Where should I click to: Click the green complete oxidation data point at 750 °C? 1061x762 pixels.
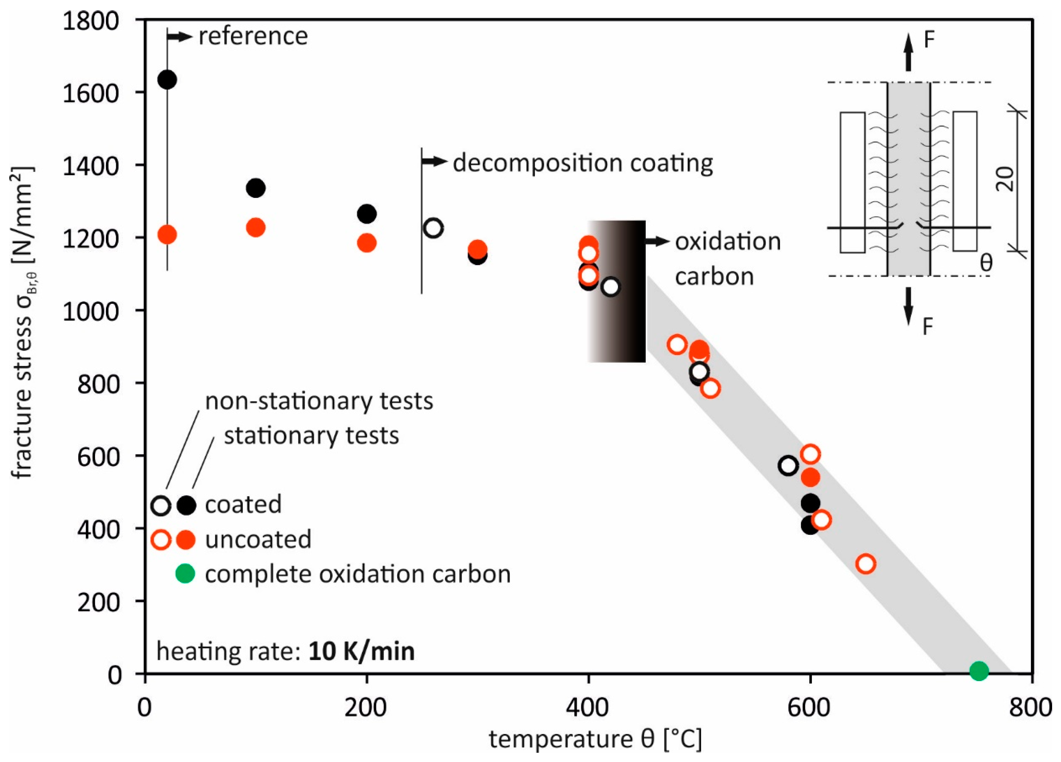(979, 671)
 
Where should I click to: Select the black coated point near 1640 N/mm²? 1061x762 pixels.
(167, 80)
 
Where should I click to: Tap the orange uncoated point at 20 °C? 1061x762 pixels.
(167, 234)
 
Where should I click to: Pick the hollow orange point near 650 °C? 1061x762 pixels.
(865, 564)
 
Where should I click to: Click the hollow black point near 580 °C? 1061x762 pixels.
(788, 465)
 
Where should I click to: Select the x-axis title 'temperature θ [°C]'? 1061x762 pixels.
(595, 739)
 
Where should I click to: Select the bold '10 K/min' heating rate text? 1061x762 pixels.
(361, 652)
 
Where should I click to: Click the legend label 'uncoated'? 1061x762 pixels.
(258, 539)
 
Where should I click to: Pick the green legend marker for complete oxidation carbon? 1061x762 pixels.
(185, 573)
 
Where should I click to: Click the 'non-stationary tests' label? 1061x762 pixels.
(319, 402)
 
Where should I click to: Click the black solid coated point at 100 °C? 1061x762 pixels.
(255, 188)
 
